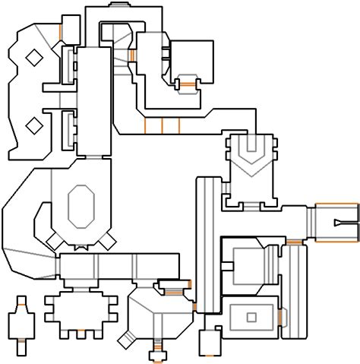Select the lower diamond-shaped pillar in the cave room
pos(33,124)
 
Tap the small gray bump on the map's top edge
pos(122,6)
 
